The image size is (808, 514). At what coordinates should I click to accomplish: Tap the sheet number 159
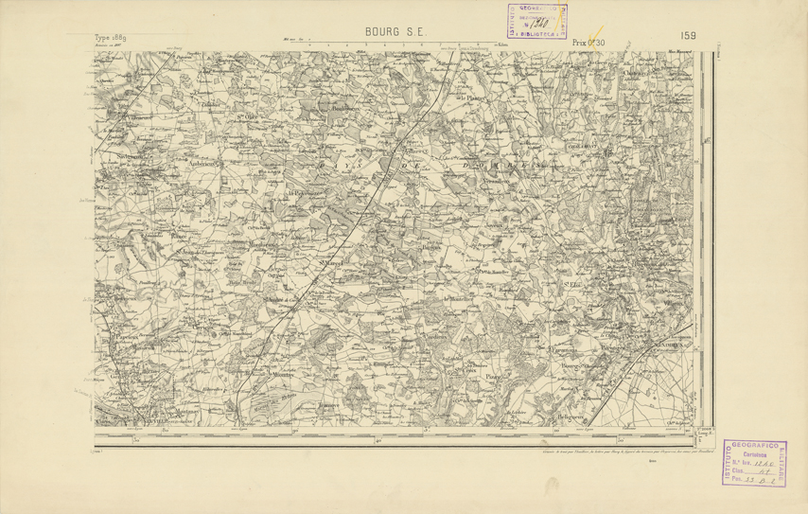[x=688, y=35]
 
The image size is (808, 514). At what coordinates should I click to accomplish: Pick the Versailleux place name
[x=501, y=179]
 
